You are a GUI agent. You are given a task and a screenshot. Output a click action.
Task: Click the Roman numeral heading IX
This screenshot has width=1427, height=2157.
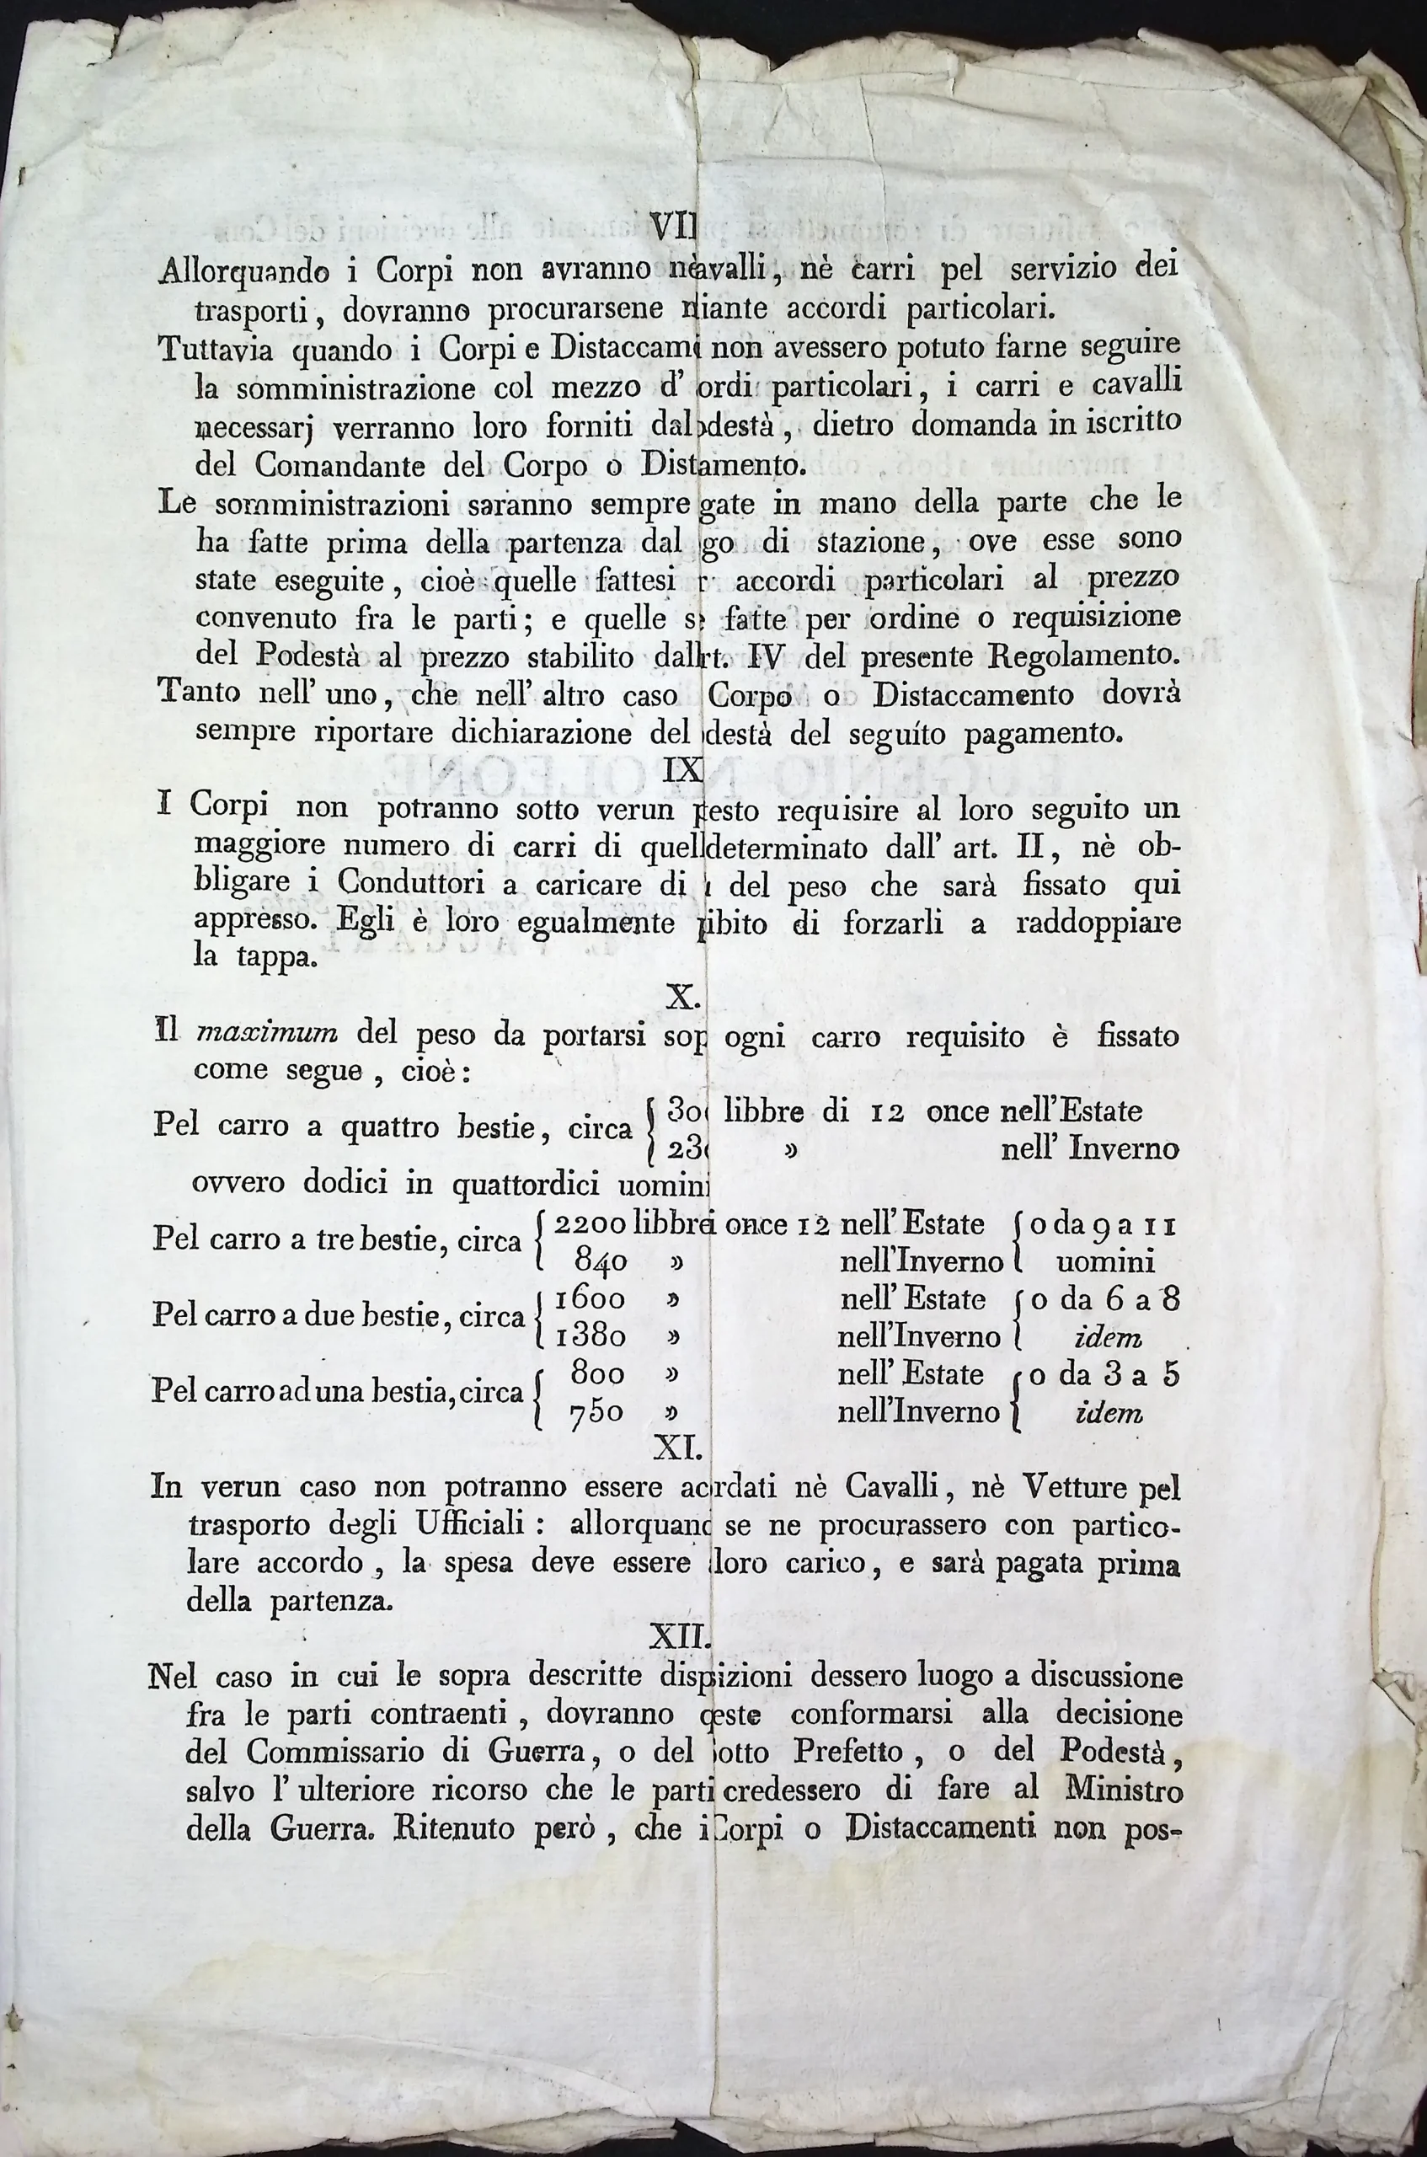pos(683,770)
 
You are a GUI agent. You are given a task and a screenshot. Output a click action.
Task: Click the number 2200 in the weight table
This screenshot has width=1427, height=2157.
pos(589,1224)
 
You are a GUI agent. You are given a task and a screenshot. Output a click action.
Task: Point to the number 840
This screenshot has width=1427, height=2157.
pos(601,1261)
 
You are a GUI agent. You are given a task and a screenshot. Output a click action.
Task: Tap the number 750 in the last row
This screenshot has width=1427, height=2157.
pos(596,1411)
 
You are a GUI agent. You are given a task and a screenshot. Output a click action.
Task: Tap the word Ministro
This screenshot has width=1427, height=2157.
pos(1124,1790)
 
